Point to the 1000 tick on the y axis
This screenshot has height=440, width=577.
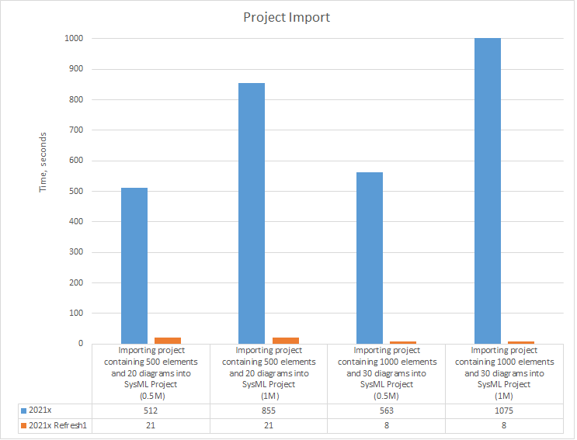[75, 38]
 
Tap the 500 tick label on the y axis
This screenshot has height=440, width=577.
[77, 191]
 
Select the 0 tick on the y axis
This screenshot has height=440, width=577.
[81, 344]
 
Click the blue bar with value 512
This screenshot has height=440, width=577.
[134, 265]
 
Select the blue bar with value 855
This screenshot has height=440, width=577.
[252, 213]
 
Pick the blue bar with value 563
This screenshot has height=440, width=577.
[369, 258]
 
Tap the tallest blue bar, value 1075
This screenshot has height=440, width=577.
[487, 191]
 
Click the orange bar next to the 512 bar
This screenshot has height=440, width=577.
[168, 340]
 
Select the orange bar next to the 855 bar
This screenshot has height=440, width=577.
[285, 340]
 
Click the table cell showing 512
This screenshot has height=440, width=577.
[151, 411]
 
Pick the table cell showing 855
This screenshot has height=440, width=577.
[269, 411]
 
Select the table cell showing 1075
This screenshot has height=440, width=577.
[504, 411]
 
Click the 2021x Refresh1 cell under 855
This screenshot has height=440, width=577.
[269, 425]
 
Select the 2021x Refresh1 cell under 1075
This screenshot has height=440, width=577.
[504, 425]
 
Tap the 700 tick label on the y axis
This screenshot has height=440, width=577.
[77, 130]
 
